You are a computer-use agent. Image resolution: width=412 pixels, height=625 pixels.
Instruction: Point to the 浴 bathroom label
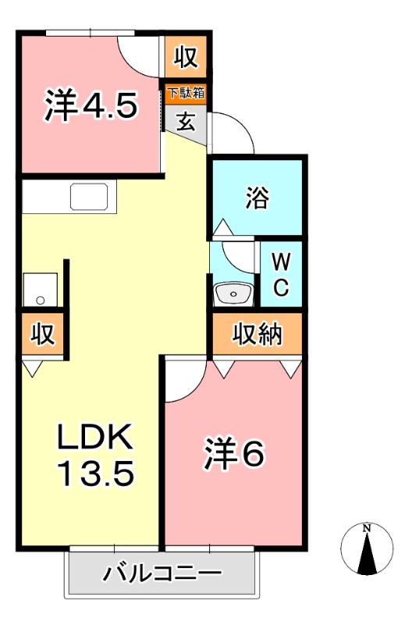[x=256, y=198]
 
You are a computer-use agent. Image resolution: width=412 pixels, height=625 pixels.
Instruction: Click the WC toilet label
[x=282, y=274]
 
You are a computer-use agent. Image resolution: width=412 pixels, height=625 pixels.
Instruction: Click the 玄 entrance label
[x=186, y=122]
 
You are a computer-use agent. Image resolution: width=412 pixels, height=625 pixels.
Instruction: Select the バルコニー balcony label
[x=162, y=574]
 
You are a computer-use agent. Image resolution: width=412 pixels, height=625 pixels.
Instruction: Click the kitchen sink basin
[x=93, y=196]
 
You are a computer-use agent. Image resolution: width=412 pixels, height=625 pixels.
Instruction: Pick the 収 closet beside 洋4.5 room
[x=185, y=57]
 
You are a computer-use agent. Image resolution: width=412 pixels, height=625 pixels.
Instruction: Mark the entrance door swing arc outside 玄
[x=234, y=133]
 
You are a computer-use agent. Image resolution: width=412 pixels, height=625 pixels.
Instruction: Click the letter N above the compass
[x=367, y=529]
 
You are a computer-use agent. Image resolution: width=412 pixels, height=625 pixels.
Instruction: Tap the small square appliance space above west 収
[x=40, y=289]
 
